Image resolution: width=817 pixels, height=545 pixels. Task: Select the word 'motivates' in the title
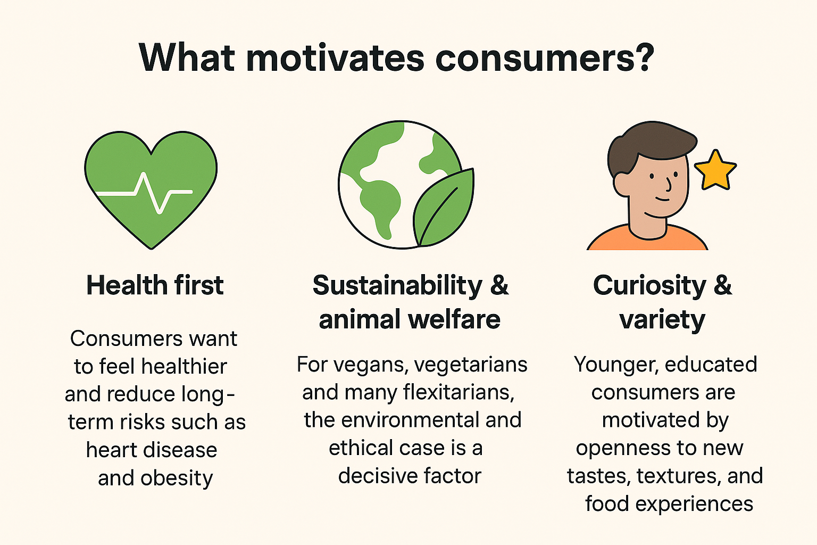point(335,58)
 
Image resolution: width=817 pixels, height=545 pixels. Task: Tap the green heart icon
point(151,190)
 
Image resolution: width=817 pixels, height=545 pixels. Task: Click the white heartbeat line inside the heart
point(144,193)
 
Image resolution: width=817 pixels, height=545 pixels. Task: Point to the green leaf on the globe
point(444,208)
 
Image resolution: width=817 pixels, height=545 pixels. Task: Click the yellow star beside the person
point(715,170)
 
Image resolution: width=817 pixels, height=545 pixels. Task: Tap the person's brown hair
point(649,146)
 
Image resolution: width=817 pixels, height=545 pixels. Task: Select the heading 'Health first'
point(155,285)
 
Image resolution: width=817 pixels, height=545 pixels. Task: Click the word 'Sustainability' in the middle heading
point(397,286)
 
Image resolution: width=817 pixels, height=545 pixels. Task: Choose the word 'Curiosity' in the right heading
point(649,286)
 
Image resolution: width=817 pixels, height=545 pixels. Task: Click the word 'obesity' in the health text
point(177,478)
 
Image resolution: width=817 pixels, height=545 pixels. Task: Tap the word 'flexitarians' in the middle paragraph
point(458,392)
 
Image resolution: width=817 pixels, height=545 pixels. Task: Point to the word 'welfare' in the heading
point(454,319)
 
